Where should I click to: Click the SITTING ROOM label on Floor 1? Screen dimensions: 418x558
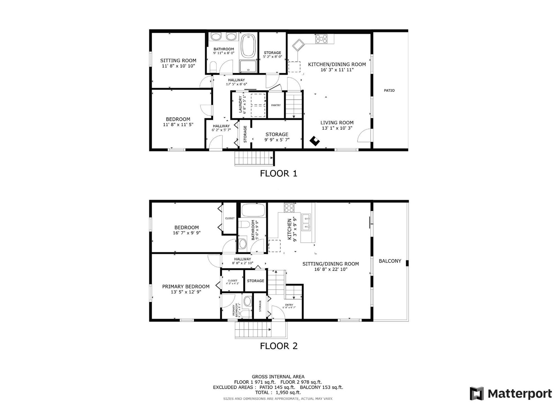pyautogui.click(x=178, y=60)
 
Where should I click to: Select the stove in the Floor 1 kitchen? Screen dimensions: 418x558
pyautogui.click(x=321, y=38)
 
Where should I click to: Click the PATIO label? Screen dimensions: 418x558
pyautogui.click(x=389, y=91)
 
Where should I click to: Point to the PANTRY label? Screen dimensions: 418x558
pyautogui.click(x=276, y=105)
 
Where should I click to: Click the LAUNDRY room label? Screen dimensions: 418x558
pyautogui.click(x=240, y=104)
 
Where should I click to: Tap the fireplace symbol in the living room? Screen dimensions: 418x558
pyautogui.click(x=315, y=141)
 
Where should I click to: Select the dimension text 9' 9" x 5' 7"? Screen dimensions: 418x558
pyautogui.click(x=277, y=140)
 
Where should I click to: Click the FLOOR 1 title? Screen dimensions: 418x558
pyautogui.click(x=279, y=173)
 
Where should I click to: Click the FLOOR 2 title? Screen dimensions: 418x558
pyautogui.click(x=279, y=346)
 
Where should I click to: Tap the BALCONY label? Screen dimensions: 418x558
pyautogui.click(x=390, y=261)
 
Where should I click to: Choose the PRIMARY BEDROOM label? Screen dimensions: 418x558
pyautogui.click(x=186, y=286)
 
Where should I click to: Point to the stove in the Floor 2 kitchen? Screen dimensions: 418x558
pyautogui.click(x=289, y=208)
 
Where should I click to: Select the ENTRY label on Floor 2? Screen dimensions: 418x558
pyautogui.click(x=289, y=305)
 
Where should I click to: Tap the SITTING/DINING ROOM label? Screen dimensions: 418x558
pyautogui.click(x=331, y=264)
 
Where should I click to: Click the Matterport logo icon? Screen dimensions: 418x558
pyautogui.click(x=477, y=394)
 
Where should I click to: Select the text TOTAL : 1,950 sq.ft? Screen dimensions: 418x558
pyautogui.click(x=278, y=392)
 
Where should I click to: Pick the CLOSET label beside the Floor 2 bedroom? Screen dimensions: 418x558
pyautogui.click(x=230, y=218)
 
